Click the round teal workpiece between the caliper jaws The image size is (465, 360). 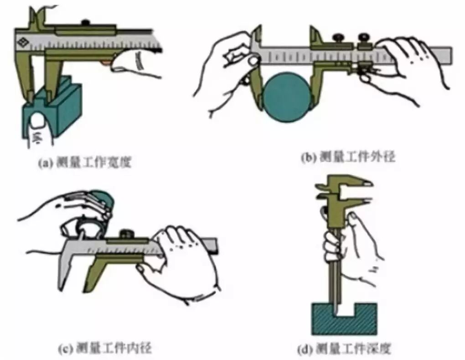(286, 96)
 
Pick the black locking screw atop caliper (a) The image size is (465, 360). (85, 22)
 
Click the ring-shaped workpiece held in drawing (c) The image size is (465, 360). (87, 226)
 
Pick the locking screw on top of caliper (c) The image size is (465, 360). (125, 234)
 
